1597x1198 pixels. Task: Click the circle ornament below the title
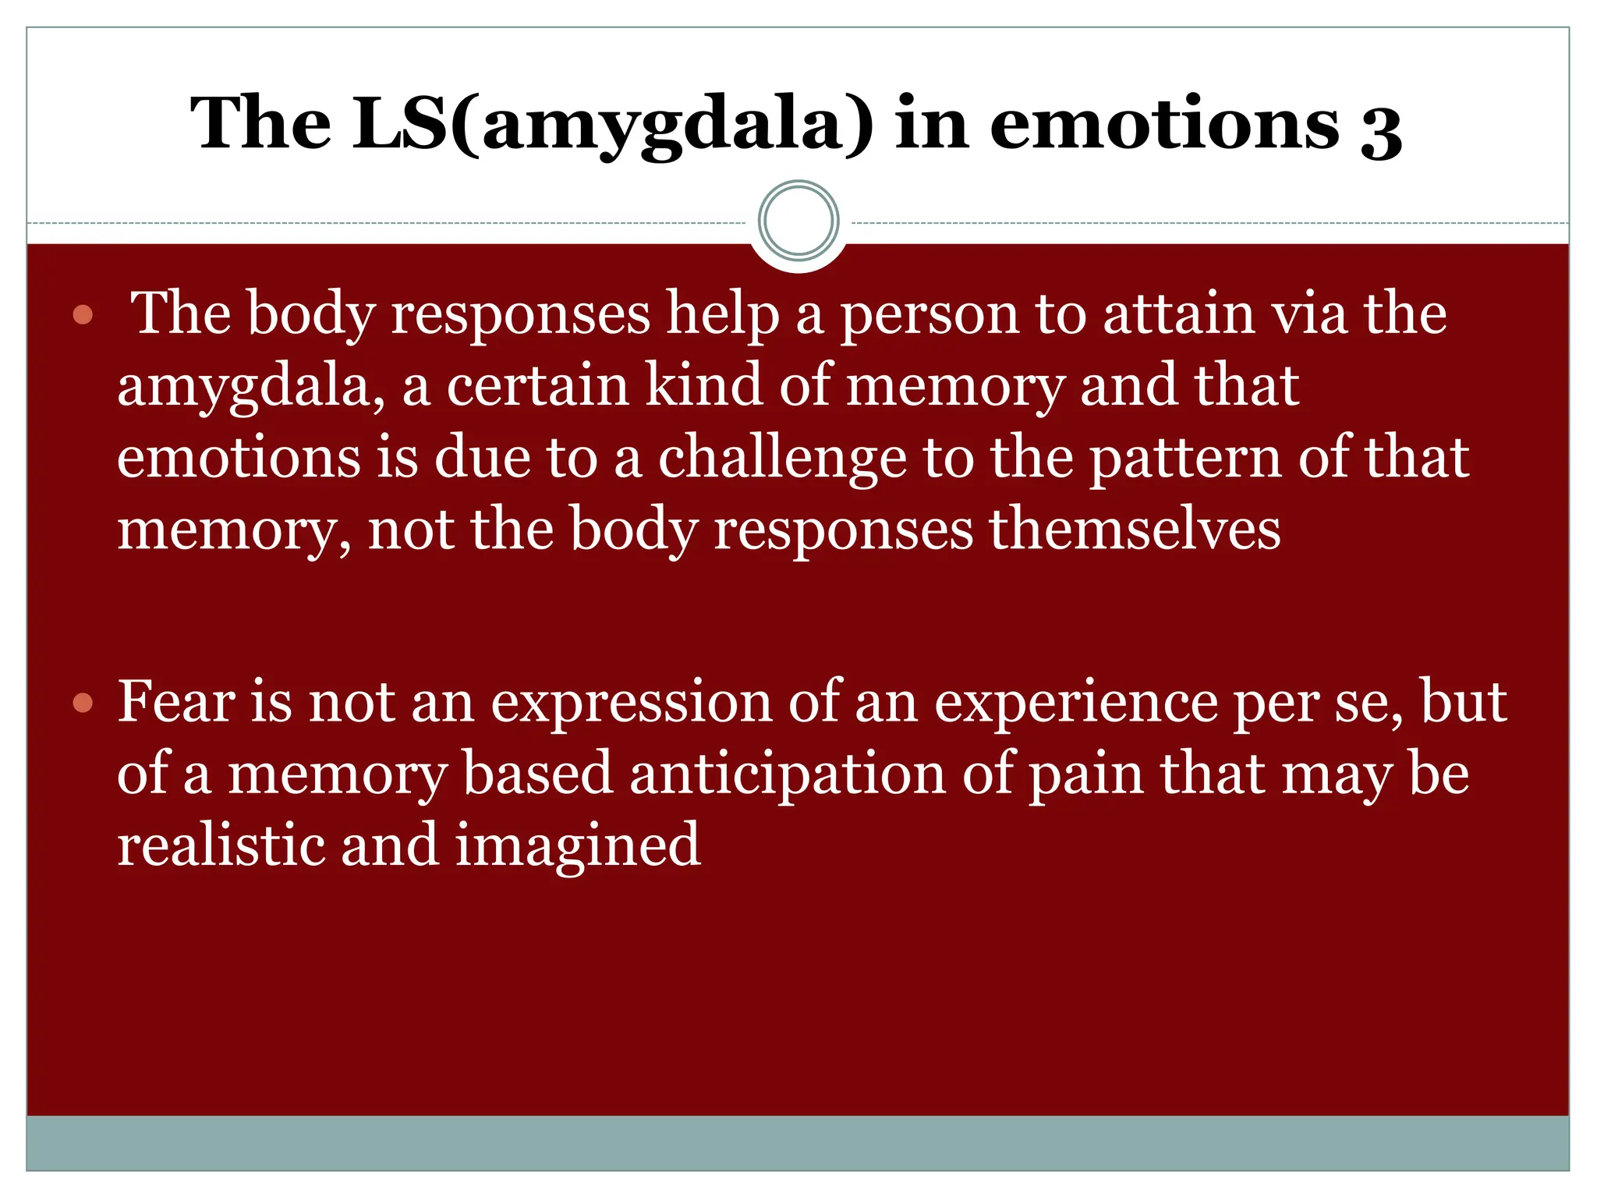point(798,221)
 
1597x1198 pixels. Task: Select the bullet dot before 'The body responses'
point(83,316)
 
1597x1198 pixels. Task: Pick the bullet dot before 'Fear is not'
point(83,704)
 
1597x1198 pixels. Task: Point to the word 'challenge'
point(782,459)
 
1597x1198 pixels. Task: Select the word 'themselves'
point(1135,530)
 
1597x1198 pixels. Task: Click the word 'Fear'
point(176,701)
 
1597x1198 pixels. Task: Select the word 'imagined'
point(578,847)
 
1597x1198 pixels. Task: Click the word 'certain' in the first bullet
point(537,386)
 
